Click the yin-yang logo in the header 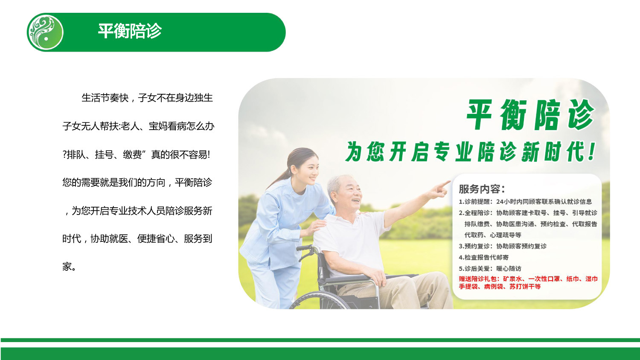(45, 32)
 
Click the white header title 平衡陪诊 (130, 31)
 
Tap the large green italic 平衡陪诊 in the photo (530, 115)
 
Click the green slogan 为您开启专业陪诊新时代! (471, 152)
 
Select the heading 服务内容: (482, 189)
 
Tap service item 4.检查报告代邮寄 (483, 257)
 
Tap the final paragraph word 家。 (69, 267)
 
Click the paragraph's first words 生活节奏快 (105, 98)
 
